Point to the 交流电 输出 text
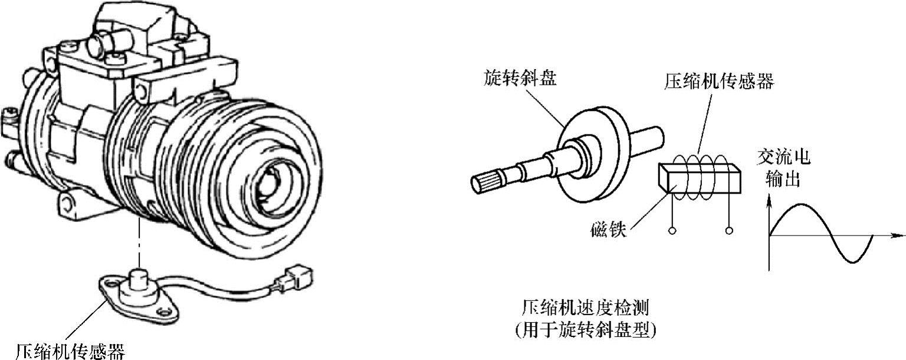(783, 168)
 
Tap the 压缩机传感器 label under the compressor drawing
(70, 351)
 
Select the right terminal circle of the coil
(730, 230)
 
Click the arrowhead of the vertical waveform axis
(769, 202)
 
